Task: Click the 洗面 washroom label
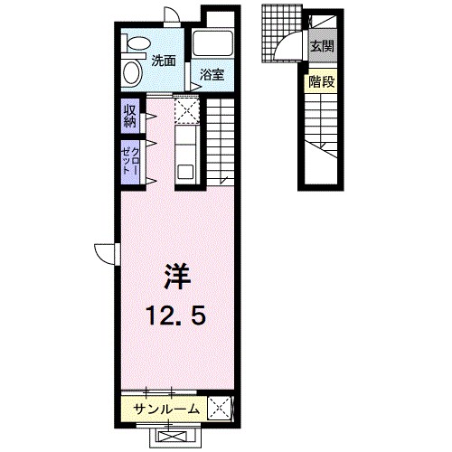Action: point(164,62)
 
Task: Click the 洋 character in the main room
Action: point(177,275)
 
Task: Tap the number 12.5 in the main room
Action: point(177,315)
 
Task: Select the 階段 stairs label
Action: point(321,80)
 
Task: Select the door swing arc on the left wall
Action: point(104,253)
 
